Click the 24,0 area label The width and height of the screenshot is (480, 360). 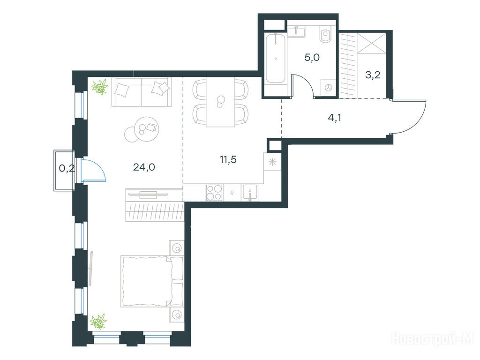point(144,167)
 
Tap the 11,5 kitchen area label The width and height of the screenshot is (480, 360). point(228,159)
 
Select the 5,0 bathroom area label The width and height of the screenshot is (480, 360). point(312,57)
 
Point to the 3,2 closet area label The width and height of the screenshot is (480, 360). point(373,75)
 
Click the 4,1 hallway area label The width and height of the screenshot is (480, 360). point(334,118)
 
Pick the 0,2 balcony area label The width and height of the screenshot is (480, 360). point(67,168)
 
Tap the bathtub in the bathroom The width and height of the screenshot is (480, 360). point(276,58)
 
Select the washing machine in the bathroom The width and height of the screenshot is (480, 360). point(328,88)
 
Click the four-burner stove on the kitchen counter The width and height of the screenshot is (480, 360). point(214,193)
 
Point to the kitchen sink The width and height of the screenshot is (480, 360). point(250,193)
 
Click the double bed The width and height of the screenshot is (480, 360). point(152,281)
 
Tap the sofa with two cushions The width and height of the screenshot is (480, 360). point(142,92)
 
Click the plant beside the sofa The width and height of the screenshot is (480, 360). point(100,86)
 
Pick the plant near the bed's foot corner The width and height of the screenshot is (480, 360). point(98,322)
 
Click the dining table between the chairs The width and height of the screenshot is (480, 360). point(220,102)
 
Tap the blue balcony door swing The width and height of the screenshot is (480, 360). point(94,171)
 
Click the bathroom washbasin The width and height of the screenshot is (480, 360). point(296,32)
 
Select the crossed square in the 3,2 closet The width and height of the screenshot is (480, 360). point(372,43)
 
